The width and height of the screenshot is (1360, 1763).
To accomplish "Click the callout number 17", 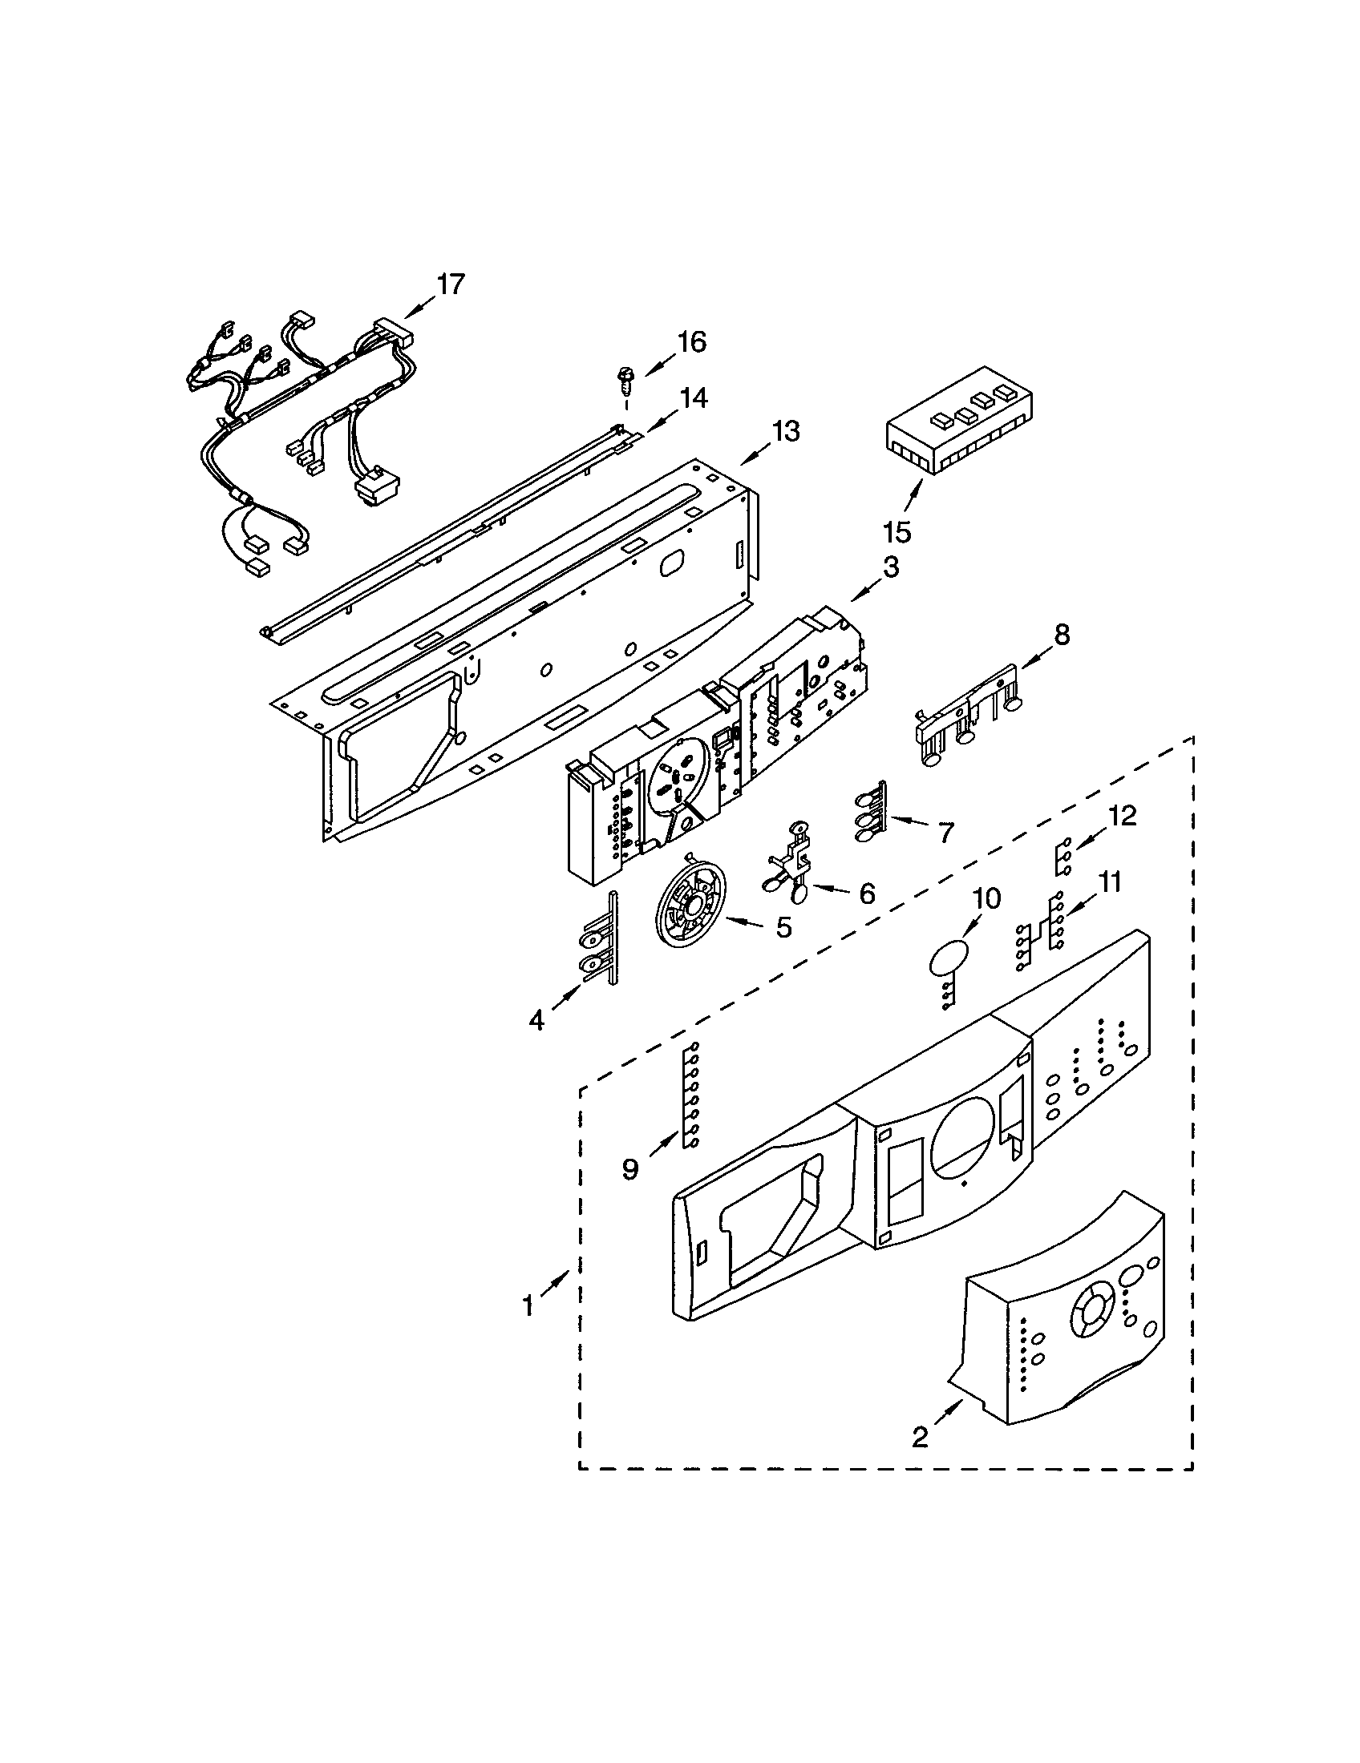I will (x=451, y=284).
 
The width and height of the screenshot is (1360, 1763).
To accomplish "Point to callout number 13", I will (x=784, y=432).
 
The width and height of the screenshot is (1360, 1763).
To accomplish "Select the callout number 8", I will (x=1061, y=635).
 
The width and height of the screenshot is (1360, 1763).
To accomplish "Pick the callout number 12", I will (x=1123, y=815).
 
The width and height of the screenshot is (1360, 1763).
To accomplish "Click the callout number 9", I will (x=630, y=1168).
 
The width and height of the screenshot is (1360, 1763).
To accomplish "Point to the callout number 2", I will (x=920, y=1437).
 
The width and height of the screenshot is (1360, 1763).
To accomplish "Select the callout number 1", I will (x=528, y=1305).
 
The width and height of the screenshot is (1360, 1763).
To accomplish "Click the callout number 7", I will (x=945, y=831).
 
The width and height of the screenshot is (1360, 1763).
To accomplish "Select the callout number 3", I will (x=889, y=567).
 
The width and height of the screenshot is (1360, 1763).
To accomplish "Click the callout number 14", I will (x=693, y=398).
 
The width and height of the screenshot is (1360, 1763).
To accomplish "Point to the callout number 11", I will (x=1110, y=882).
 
